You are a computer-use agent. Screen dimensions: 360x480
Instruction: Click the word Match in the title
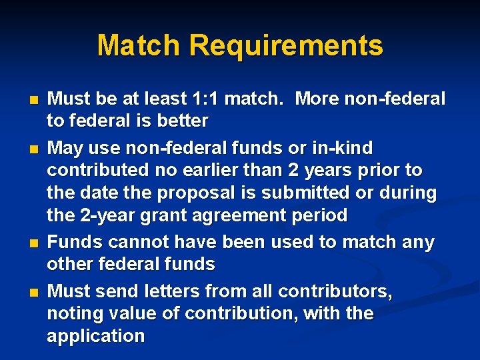click(x=139, y=46)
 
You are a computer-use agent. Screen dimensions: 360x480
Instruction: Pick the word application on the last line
click(x=95, y=336)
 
